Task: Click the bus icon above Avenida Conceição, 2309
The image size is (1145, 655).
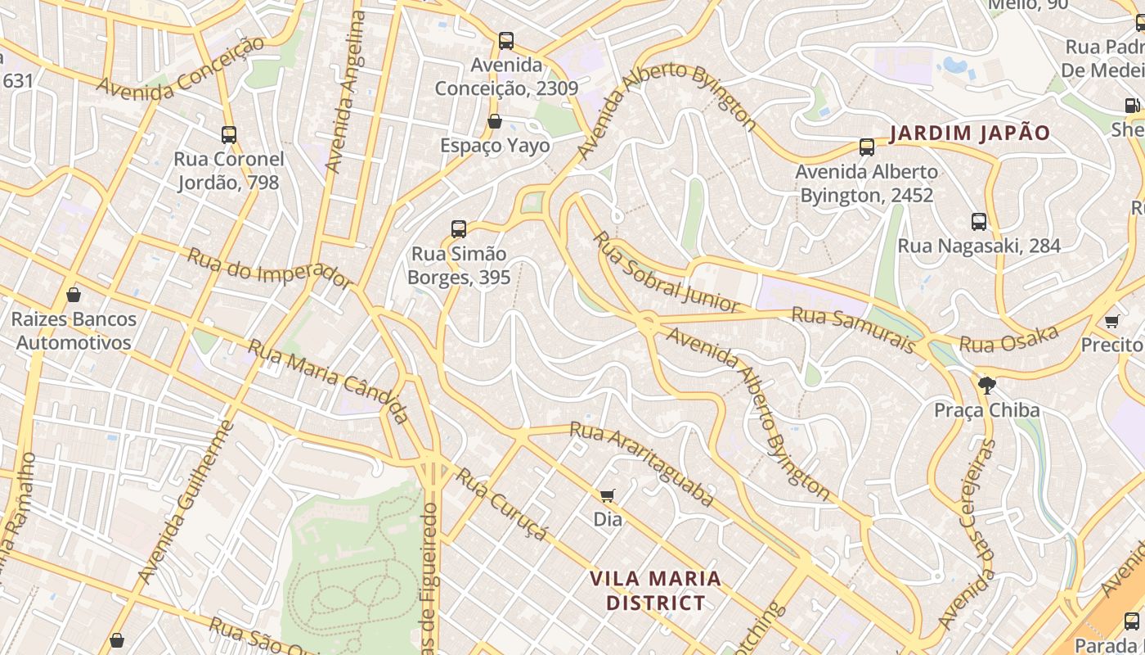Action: (506, 40)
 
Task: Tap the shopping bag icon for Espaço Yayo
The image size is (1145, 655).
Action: (495, 122)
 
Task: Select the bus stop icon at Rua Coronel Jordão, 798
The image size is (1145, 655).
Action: (229, 135)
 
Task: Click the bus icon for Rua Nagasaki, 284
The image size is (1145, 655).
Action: (978, 222)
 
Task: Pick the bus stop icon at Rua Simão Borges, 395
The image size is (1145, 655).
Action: (459, 229)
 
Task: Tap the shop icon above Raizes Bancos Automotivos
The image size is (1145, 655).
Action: (74, 295)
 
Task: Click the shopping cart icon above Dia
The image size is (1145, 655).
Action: (607, 495)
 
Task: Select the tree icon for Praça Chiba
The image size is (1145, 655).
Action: (987, 385)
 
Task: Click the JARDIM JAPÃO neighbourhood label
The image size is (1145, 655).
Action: (969, 133)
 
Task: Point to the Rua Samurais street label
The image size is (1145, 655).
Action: (853, 330)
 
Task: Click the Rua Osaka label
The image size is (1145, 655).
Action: (1009, 339)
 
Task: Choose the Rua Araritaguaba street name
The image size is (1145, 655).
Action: (641, 463)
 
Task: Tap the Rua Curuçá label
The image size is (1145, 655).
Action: (501, 504)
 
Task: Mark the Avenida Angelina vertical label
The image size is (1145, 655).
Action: (344, 92)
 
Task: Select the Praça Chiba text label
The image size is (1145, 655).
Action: (987, 410)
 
